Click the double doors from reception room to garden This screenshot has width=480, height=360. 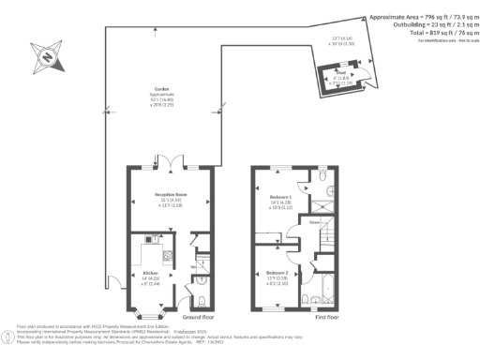pyautogui.click(x=169, y=167)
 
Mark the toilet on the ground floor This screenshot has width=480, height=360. pyautogui.click(x=204, y=301)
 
